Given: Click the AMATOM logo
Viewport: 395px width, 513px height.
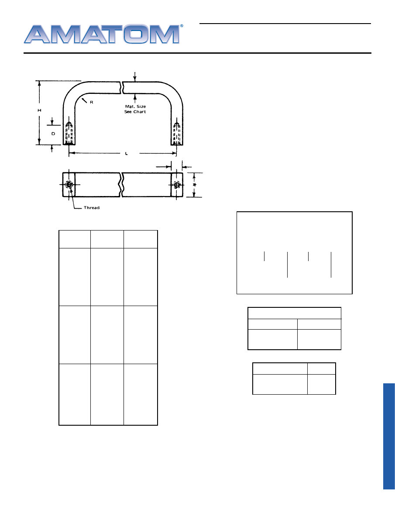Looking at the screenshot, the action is (x=103, y=34).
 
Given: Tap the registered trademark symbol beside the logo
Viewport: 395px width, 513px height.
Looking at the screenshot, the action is (x=182, y=26).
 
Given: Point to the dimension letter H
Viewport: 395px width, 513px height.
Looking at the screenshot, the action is (x=40, y=110).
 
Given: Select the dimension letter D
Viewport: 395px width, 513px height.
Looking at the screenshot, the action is (x=53, y=134).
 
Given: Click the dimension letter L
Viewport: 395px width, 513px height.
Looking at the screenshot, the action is (x=127, y=154).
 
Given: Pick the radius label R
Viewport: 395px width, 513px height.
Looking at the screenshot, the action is (x=92, y=103).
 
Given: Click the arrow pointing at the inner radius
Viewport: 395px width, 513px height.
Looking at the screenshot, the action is (x=84, y=100).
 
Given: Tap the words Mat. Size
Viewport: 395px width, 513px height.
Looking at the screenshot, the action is (x=135, y=107).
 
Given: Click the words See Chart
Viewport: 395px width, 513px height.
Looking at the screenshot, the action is (x=135, y=112).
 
